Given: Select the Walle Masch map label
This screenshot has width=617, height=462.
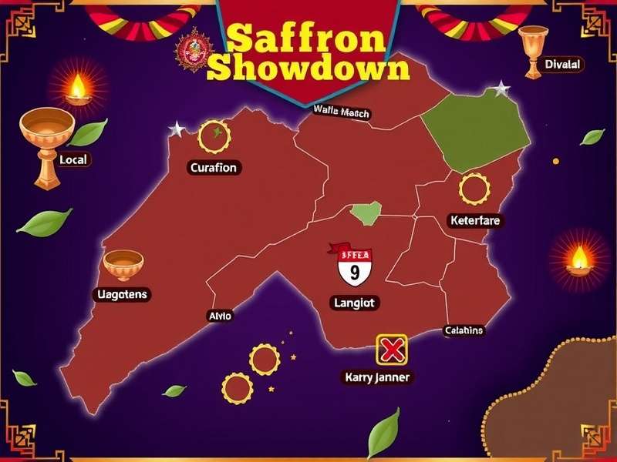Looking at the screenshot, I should point(342,112).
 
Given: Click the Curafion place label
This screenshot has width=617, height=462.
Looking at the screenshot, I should point(214,167).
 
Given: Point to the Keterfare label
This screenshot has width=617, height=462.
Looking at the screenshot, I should point(474,221).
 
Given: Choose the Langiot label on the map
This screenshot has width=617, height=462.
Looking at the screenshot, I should point(355,303).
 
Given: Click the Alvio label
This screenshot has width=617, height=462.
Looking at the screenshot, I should point(220,316).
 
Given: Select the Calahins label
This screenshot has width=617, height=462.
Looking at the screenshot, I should point(464,330).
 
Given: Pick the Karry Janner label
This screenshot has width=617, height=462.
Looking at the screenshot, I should point(376,377).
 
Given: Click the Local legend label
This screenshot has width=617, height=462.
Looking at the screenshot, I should point(73,160).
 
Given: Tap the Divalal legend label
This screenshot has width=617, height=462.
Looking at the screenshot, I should point(562,65).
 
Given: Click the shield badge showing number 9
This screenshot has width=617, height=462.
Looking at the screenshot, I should point(355,267).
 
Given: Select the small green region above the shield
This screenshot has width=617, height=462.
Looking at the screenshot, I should point(366,213).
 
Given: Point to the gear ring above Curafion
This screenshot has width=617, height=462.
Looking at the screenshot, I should point(214,136).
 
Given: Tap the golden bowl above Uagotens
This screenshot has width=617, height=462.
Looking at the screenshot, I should point(123,264).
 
